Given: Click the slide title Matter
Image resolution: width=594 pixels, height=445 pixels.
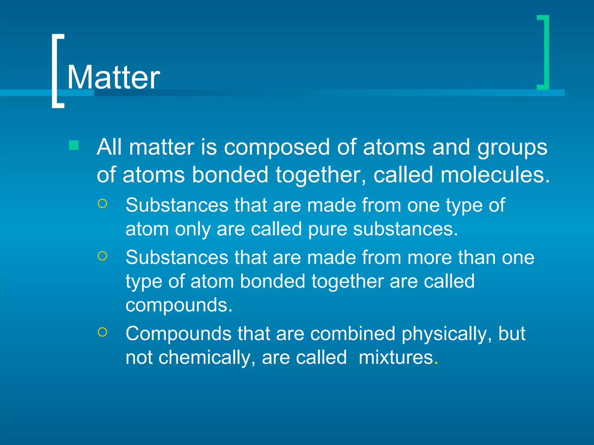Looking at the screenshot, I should click(x=113, y=77).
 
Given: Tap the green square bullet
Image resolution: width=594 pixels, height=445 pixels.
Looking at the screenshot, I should click(x=74, y=145).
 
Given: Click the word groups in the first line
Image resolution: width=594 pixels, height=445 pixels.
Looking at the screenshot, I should click(x=512, y=147).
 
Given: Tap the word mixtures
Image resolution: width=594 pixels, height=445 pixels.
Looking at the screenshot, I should click(x=396, y=357).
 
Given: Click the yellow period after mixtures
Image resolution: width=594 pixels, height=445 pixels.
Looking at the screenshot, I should click(x=436, y=363).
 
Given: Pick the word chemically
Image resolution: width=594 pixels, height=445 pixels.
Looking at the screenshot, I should click(x=204, y=357).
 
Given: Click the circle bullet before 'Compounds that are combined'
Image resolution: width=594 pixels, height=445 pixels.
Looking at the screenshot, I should click(x=102, y=332).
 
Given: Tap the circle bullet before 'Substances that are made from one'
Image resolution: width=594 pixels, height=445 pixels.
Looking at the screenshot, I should click(x=102, y=204).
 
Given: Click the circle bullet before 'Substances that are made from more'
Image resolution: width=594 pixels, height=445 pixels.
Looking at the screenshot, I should click(x=102, y=256).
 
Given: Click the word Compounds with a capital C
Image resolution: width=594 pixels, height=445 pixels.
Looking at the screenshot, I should click(x=178, y=334).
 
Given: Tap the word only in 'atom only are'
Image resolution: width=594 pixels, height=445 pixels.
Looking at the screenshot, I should click(x=193, y=229).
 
